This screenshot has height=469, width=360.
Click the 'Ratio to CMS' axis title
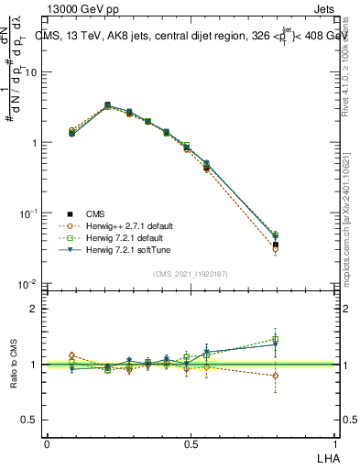click(13, 365)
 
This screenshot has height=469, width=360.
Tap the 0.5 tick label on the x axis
click(191, 443)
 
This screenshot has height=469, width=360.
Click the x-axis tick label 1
click(335, 443)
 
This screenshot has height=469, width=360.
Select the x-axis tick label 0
click(47, 443)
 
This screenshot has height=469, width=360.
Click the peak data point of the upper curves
click(107, 105)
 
